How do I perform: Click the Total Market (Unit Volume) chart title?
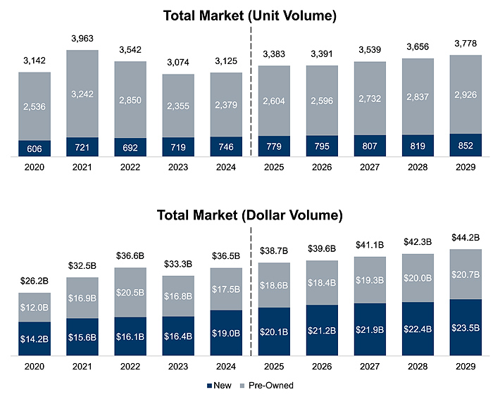pos(249,15)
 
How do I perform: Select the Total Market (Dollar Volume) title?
pos(249,215)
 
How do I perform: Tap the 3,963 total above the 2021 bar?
pos(82,38)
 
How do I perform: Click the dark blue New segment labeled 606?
pos(35,149)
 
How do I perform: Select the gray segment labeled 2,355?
pos(178,106)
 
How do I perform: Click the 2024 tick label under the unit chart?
pos(226,167)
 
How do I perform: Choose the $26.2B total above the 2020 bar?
pos(35,280)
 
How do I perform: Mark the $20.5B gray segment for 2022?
pos(130,292)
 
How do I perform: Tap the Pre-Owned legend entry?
pos(271,386)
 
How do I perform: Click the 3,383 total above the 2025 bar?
pos(274,53)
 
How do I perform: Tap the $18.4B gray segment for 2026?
pos(322,282)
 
